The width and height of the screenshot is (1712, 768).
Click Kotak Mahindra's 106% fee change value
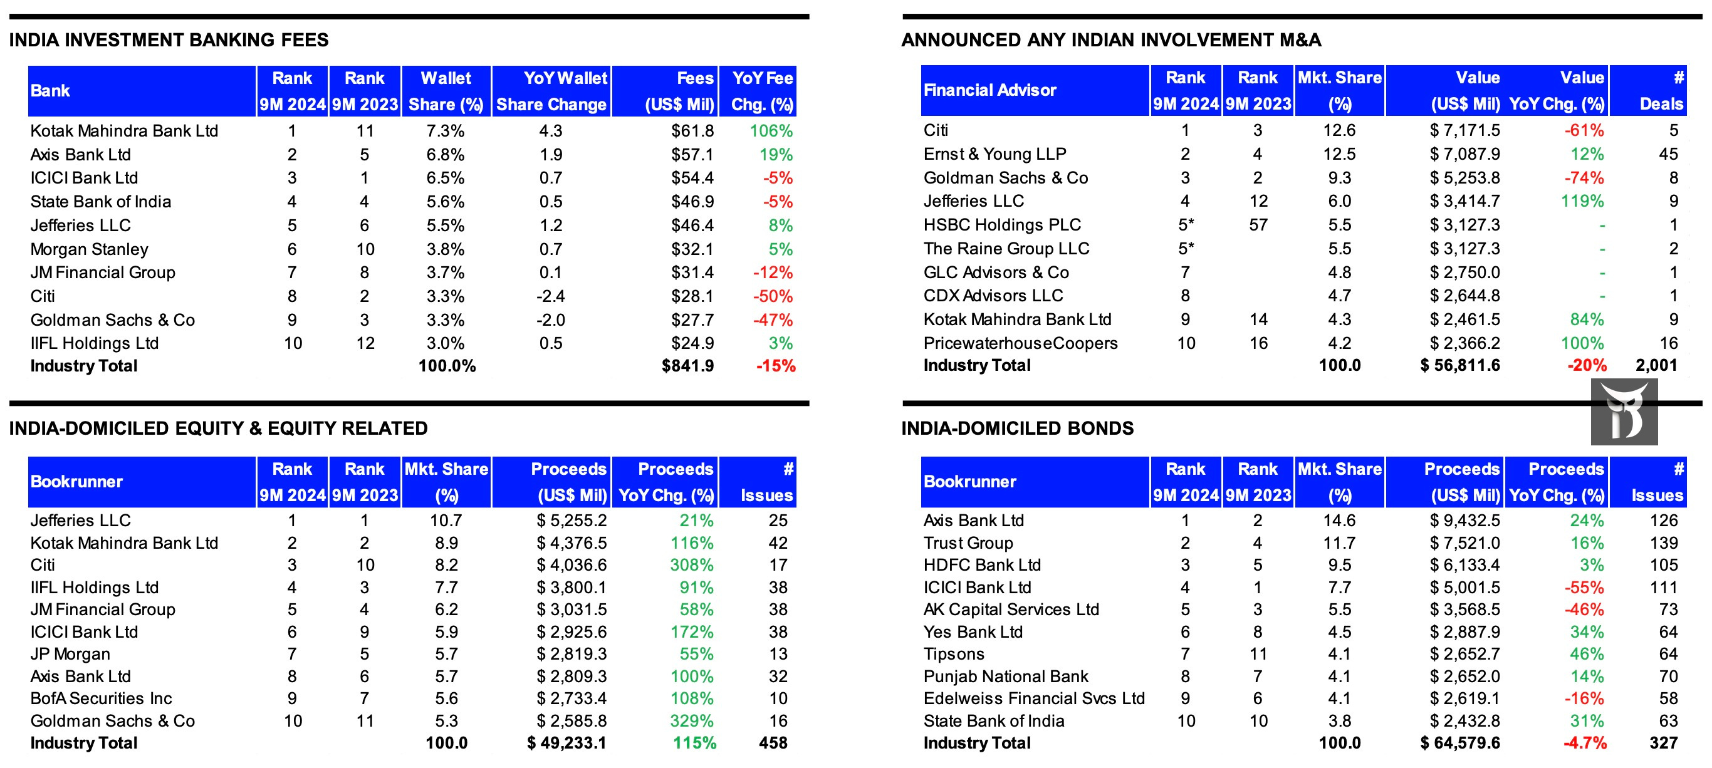click(x=771, y=131)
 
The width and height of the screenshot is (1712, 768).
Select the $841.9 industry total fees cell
click(x=687, y=366)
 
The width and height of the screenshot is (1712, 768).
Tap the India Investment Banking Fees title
click(x=169, y=40)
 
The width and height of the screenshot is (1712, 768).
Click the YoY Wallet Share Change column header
click(x=551, y=91)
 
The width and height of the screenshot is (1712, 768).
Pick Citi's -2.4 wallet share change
click(x=550, y=296)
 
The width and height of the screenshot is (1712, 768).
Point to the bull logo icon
click(x=1624, y=412)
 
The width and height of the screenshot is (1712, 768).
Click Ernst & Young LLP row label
click(x=994, y=154)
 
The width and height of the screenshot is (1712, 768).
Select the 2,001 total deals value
click(x=1656, y=365)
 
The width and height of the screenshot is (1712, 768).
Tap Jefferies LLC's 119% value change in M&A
click(x=1582, y=201)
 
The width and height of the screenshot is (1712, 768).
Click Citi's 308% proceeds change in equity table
click(x=691, y=566)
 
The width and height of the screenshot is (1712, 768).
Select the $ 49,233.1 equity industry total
click(x=566, y=743)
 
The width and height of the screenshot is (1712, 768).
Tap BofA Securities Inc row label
click(x=101, y=698)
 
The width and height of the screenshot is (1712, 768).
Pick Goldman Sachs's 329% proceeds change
click(x=691, y=721)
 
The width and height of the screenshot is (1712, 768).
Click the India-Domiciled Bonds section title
click(x=1017, y=428)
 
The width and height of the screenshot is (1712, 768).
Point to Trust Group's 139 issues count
click(x=1664, y=544)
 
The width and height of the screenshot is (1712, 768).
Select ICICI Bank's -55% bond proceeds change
click(x=1584, y=588)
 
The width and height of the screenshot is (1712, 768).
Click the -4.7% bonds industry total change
click(x=1584, y=743)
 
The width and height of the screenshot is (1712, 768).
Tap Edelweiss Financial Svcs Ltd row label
click(x=1033, y=698)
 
